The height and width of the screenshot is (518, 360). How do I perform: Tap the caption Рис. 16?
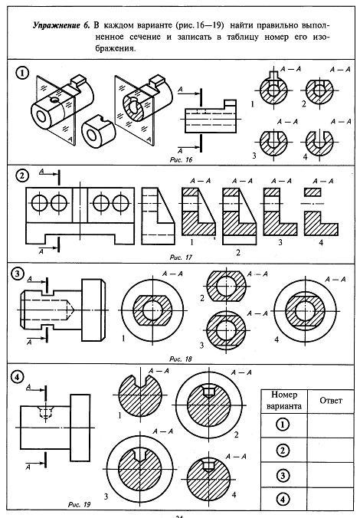tap(181, 160)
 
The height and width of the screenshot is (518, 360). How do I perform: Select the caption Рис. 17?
tap(181, 257)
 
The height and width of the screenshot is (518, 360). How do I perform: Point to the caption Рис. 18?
tap(180, 359)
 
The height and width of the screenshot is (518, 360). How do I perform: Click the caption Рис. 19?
tap(79, 504)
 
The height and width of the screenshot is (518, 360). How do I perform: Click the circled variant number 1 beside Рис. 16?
tap(22, 73)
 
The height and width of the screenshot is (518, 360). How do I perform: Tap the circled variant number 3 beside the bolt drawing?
tap(17, 274)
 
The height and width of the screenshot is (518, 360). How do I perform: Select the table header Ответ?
tap(331, 401)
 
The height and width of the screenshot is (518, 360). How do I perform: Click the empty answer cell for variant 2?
tap(330, 451)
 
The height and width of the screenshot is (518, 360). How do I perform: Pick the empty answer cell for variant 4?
tap(330, 499)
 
